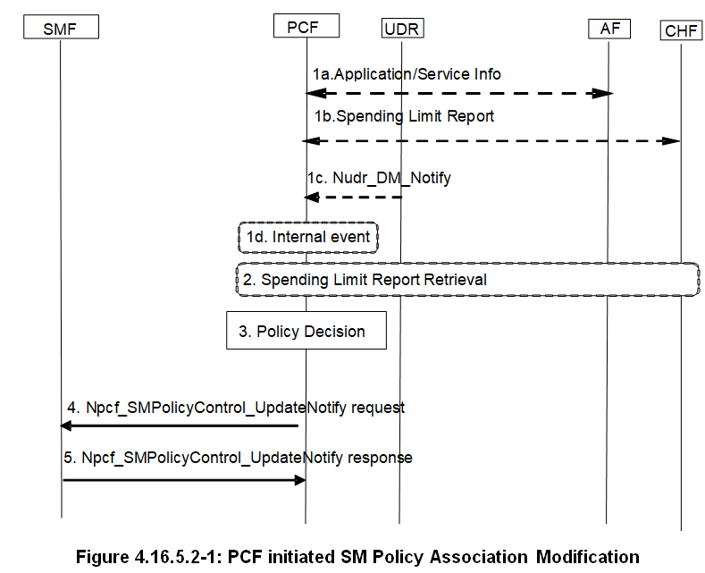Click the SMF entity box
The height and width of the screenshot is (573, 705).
pos(60,29)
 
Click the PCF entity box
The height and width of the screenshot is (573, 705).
pos(306,27)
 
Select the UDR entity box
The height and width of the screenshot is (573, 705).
pos(401,29)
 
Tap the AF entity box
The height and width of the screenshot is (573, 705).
pos(609,28)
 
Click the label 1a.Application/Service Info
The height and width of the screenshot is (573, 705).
pos(407,74)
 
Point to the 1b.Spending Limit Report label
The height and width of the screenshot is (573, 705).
pos(403,116)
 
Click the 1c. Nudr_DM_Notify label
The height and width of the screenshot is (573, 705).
pos(379,178)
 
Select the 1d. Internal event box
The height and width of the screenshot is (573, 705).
pos(308,237)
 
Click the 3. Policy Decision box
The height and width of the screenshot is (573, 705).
pos(306,331)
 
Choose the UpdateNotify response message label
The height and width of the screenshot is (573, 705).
pos(238,458)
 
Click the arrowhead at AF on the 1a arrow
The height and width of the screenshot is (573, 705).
pos(604,93)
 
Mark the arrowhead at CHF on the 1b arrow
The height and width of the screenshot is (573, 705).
pos(674,140)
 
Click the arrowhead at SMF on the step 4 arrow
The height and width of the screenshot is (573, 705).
pos(67,426)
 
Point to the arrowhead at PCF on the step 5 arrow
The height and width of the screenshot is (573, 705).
pos(300,480)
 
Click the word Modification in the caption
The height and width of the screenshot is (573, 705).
pos(587,557)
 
